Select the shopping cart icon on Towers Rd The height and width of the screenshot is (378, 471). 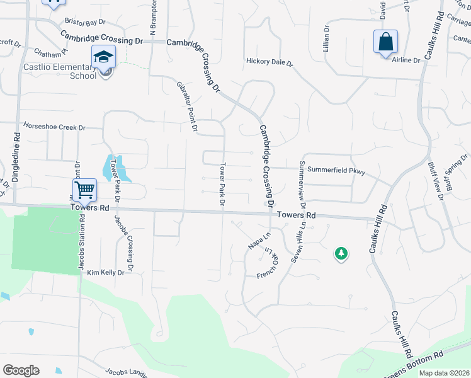click(84, 189)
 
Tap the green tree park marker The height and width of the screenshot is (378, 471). click(341, 253)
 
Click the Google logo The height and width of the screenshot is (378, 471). click(21, 370)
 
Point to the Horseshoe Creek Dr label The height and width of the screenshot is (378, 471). click(54, 127)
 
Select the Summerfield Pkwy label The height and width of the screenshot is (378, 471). click(337, 170)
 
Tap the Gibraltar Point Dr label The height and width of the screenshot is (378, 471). click(188, 107)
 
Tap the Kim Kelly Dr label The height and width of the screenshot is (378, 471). click(106, 273)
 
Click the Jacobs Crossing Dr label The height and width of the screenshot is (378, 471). click(123, 244)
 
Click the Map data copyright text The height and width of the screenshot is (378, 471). click(444, 372)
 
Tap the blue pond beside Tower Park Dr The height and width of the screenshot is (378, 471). click(114, 168)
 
